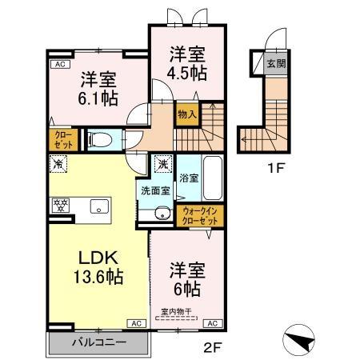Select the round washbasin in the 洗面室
coord(162,212)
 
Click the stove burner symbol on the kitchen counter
coord(58,205)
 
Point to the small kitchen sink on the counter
coord(98,205)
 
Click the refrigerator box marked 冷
coord(58,163)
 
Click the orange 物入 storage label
coord(186,114)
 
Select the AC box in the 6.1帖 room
coord(58,65)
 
